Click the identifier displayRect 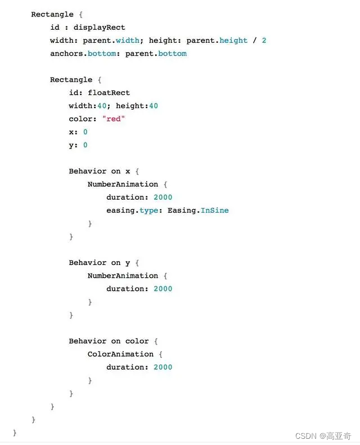point(99,28)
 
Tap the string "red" point(114,119)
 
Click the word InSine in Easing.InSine point(214,210)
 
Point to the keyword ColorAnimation point(120,354)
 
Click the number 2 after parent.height point(264,41)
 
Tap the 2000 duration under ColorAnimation point(163,367)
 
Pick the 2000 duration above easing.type point(163,197)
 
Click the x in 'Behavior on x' point(128,171)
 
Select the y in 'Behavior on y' point(128,263)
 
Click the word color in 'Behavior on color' point(137,341)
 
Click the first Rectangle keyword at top point(52,15)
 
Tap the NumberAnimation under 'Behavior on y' point(123,276)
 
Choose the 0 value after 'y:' point(85,145)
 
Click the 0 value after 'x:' point(85,132)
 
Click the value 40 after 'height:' point(153,106)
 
